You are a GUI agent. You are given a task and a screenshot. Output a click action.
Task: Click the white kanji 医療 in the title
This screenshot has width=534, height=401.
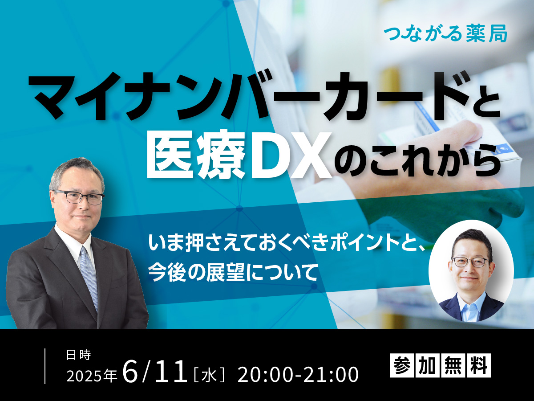[197, 154]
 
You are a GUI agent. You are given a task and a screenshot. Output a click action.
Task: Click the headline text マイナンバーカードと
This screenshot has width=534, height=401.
[264, 96]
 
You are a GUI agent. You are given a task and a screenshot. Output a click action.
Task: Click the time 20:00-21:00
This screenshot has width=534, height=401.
[298, 374]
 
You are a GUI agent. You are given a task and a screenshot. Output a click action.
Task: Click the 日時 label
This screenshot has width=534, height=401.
[79, 355]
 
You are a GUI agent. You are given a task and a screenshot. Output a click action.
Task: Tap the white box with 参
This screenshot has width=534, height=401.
[402, 365]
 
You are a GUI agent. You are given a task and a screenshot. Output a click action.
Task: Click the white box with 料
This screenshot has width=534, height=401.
[478, 365]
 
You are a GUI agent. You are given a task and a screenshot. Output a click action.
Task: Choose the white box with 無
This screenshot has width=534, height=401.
[453, 365]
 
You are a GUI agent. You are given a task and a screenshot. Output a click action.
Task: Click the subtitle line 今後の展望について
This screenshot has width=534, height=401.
[233, 273]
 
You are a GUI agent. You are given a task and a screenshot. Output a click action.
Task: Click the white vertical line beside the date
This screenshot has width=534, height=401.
[45, 366]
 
